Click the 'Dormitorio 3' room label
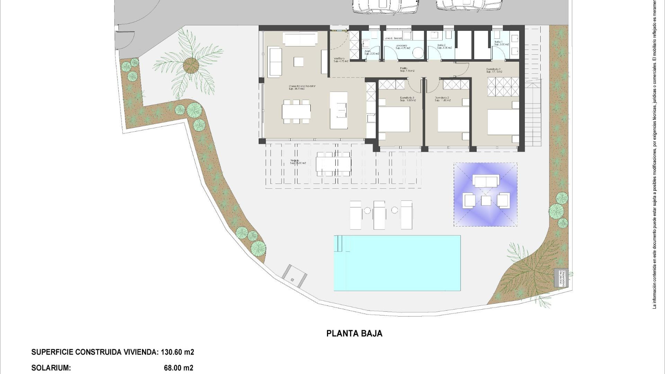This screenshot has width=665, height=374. [x=407, y=98]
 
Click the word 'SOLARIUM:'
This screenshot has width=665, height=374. [x=51, y=368]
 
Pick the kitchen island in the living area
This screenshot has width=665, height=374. [x=338, y=110]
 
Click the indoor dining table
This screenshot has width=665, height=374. [x=296, y=112]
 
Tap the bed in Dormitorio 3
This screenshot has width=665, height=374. [x=394, y=119]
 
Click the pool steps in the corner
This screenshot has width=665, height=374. [x=342, y=243]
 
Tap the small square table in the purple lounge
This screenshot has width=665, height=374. [x=486, y=201]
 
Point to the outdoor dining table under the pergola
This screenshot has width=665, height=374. [x=334, y=164]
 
